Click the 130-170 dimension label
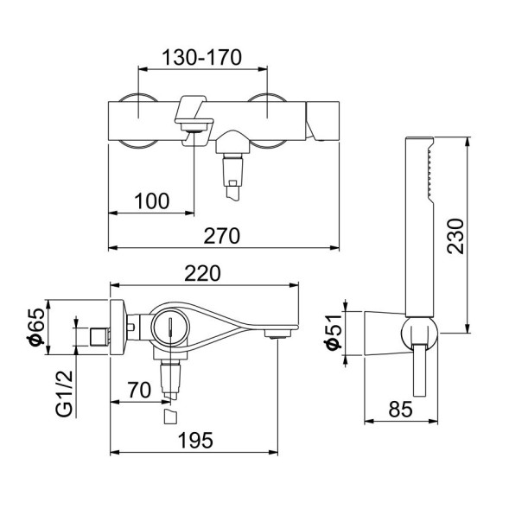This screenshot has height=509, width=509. [202, 57]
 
